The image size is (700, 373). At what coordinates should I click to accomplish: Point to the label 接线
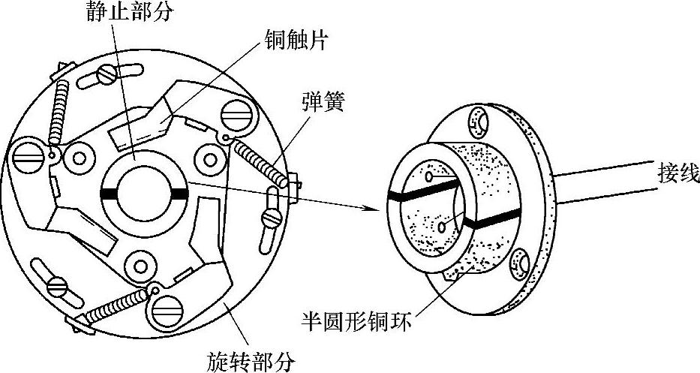point(677,175)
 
